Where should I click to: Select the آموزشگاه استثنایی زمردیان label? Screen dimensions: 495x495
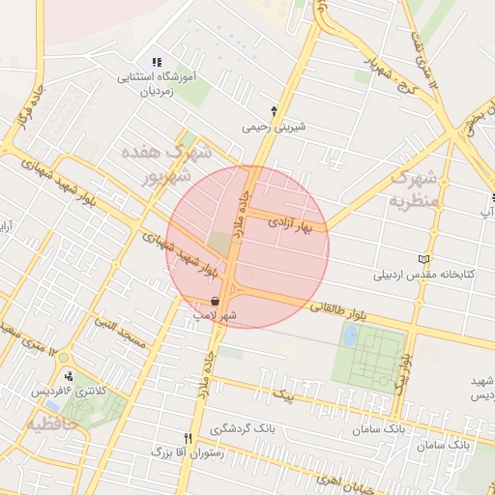[157, 85]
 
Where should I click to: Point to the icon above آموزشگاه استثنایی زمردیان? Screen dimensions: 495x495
[157, 63]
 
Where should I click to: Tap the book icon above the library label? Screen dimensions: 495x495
[422, 259]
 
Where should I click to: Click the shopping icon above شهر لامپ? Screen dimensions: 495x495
[214, 302]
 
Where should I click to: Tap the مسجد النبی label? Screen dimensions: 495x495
[118, 335]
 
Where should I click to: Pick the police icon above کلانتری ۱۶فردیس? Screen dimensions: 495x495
[68, 376]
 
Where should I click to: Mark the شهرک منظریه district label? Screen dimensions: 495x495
[414, 189]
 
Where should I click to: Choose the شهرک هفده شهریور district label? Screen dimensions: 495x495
[164, 164]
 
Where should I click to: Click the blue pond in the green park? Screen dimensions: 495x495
[350, 335]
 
